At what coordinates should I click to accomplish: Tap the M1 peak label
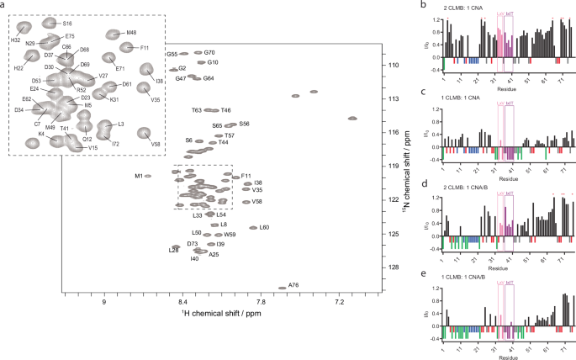138,176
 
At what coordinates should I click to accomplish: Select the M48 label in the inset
131,33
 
